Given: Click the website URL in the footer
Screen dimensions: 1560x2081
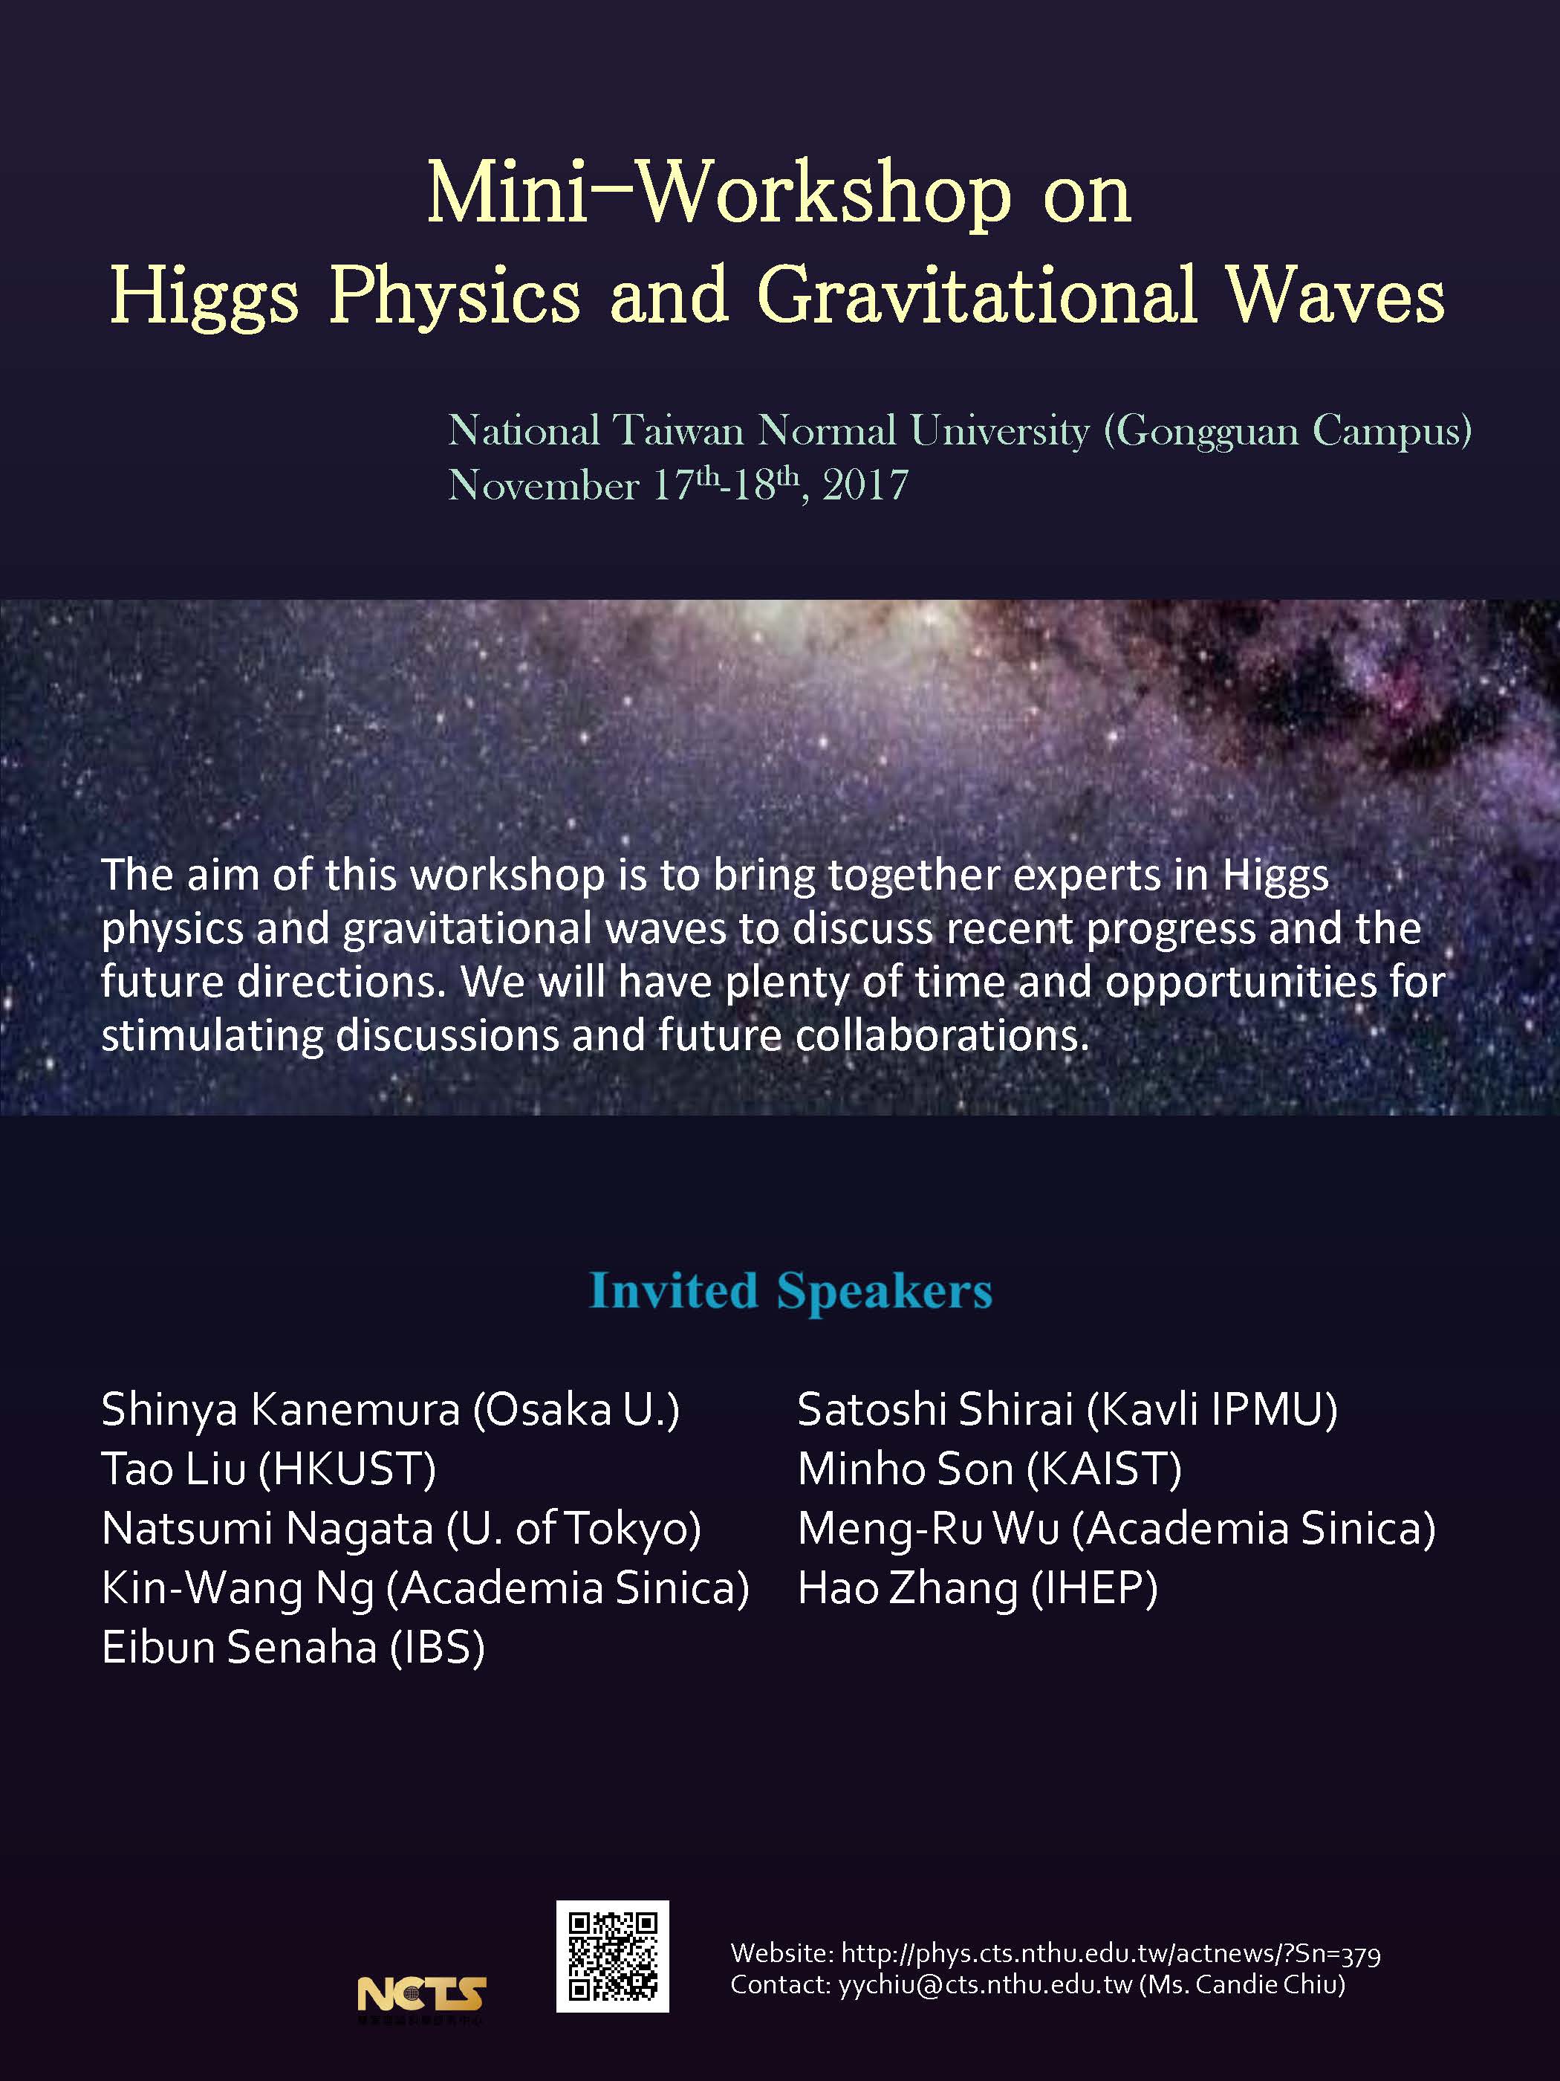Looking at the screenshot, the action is click(x=1111, y=1954).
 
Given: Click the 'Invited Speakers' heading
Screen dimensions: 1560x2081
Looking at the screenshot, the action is click(x=791, y=1291).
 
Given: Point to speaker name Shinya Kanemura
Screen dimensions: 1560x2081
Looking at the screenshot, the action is click(x=281, y=1410).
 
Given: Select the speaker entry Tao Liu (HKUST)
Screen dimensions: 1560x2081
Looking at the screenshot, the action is click(x=269, y=1469).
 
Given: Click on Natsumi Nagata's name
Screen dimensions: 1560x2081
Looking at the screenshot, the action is click(x=267, y=1529).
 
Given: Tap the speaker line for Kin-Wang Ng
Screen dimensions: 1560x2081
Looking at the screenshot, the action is click(x=425, y=1588).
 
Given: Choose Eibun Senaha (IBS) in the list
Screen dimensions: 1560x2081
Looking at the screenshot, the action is click(x=293, y=1647).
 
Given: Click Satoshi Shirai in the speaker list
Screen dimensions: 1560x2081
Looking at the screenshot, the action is click(x=935, y=1409).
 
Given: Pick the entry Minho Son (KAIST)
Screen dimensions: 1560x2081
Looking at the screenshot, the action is click(x=989, y=1469).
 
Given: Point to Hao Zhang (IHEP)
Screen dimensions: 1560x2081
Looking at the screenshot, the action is click(x=978, y=1588).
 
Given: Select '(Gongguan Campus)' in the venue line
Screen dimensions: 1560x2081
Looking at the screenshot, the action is click(x=1287, y=432).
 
